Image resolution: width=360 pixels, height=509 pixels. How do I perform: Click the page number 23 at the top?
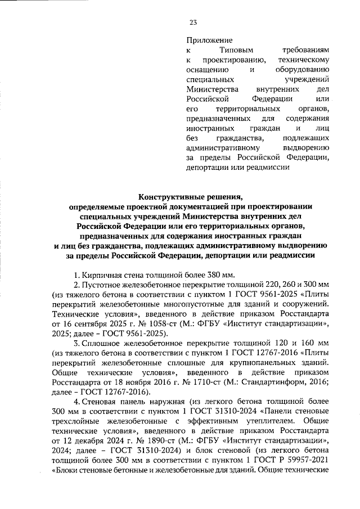point(192,22)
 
